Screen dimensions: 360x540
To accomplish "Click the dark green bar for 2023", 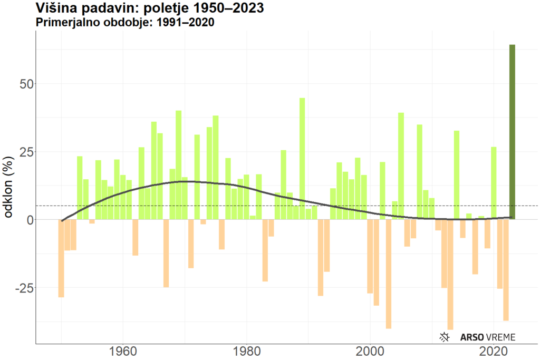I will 512,132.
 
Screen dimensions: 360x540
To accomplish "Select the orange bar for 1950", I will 61,258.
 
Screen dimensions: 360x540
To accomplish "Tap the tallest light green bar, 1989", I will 302,158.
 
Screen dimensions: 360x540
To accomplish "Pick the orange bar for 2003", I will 389,274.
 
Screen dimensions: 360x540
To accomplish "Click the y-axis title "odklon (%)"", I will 9,187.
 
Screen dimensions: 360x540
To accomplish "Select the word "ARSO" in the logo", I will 471,337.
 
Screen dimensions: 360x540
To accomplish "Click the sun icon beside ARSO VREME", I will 446,337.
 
